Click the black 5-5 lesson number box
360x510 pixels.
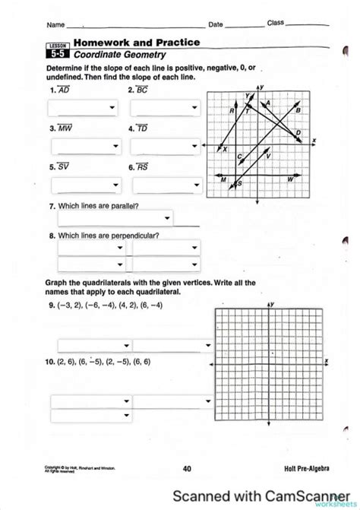(58, 55)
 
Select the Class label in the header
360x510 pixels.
(276, 24)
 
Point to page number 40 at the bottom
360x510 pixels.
(186, 469)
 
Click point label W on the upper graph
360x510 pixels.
(290, 179)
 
